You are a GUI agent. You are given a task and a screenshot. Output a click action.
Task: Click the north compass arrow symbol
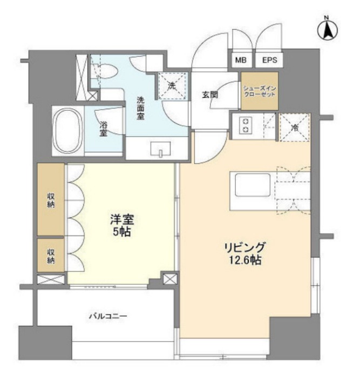pyautogui.click(x=327, y=30)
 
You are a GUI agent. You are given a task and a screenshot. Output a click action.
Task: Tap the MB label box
pyautogui.click(x=241, y=60)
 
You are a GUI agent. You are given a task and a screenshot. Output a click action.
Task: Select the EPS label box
pyautogui.click(x=269, y=60)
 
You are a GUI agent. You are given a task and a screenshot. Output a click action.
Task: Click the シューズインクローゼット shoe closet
pyautogui.click(x=260, y=91)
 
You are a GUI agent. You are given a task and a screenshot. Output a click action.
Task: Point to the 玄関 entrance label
pyautogui.click(x=210, y=95)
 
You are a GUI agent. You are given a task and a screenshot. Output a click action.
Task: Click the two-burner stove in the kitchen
pyautogui.click(x=246, y=125)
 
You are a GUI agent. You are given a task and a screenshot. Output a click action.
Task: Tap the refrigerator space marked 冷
pyautogui.click(x=295, y=128)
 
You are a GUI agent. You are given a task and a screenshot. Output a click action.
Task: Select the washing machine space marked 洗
pyautogui.click(x=172, y=86)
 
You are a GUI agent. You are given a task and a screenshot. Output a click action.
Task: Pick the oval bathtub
pyautogui.click(x=67, y=131)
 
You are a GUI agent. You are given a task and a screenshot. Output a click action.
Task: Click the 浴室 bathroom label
pyautogui.click(x=103, y=129)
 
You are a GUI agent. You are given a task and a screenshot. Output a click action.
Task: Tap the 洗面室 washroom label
pyautogui.click(x=140, y=108)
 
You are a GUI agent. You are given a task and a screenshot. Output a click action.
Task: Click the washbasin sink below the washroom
pyautogui.click(x=160, y=150)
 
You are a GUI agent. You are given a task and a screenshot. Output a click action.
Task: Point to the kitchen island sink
pyautogui.click(x=253, y=185)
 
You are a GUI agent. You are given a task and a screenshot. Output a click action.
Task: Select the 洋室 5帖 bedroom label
pyautogui.click(x=122, y=225)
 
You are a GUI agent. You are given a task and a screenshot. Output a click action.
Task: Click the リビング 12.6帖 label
pyautogui.click(x=245, y=253)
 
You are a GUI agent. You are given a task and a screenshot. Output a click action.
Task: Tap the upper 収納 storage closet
pyautogui.click(x=51, y=199)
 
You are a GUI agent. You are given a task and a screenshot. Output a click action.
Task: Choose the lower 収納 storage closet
pyautogui.click(x=51, y=255)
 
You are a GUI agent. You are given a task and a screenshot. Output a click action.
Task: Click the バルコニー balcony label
pyautogui.click(x=108, y=317)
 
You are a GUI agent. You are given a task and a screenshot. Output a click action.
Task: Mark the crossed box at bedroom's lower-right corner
pyautogui.click(x=171, y=279)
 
